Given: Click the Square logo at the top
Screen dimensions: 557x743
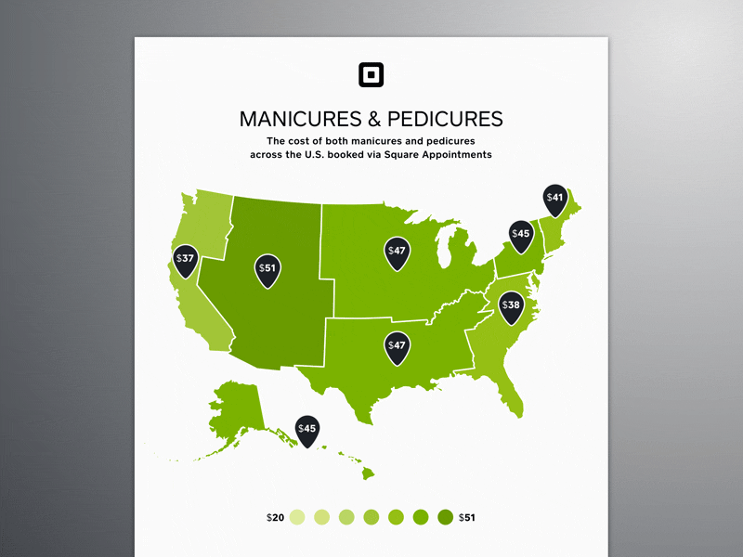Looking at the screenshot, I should pyautogui.click(x=371, y=74).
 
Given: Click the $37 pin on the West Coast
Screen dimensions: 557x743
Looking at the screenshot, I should pyautogui.click(x=185, y=260).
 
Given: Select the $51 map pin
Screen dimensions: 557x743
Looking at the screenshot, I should pyautogui.click(x=267, y=269).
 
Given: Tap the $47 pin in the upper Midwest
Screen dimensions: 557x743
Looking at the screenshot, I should pyautogui.click(x=398, y=252).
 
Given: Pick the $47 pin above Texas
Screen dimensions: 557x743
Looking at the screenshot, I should pyautogui.click(x=398, y=346).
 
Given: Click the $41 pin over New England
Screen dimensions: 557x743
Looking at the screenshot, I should pyautogui.click(x=554, y=199).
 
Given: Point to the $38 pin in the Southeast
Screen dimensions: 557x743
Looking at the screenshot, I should pyautogui.click(x=511, y=305).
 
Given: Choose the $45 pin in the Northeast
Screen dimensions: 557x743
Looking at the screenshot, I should pyautogui.click(x=520, y=235).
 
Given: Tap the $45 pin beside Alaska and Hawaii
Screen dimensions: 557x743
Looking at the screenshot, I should pyautogui.click(x=306, y=430).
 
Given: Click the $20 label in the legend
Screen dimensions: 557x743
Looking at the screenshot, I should pyautogui.click(x=274, y=517).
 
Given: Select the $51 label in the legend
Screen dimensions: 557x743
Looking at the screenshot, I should pyautogui.click(x=467, y=517).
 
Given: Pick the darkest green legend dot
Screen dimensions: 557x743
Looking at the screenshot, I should pyautogui.click(x=445, y=517).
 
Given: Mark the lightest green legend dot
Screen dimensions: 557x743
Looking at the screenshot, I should pyautogui.click(x=297, y=517).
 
